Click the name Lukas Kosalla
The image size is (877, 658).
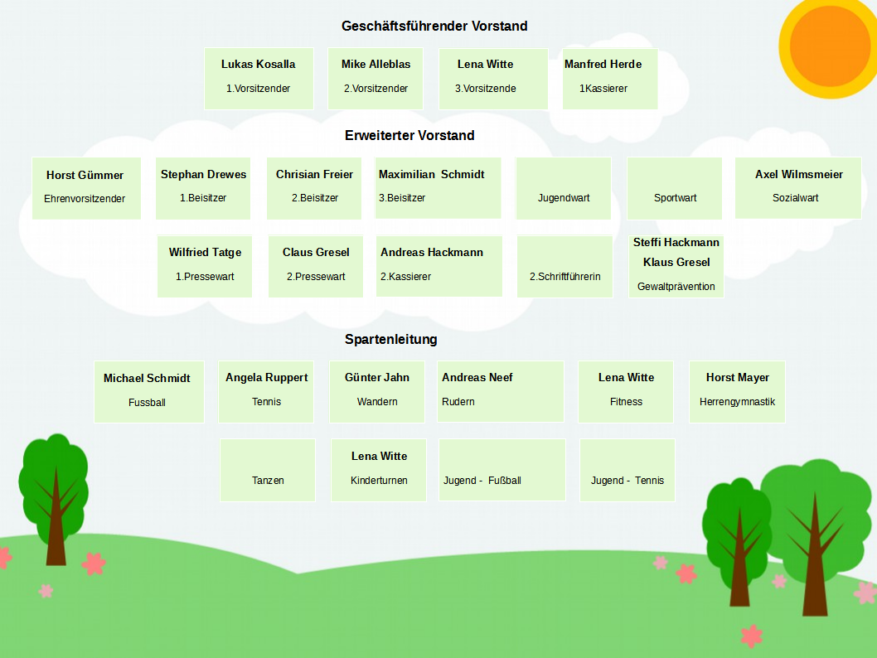258,65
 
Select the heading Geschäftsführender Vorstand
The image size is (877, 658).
434,27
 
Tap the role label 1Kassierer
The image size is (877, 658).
603,89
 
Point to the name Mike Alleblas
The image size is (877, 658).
376,65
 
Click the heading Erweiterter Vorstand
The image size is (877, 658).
409,135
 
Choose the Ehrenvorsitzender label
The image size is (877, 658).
85,198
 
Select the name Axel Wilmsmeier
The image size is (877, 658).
799,174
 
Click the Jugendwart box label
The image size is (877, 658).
564,198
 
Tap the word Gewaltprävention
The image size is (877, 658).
676,287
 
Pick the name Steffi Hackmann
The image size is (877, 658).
676,242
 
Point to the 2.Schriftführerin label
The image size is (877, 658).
564,277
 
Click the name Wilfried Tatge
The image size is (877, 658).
206,253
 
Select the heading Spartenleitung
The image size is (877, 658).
391,339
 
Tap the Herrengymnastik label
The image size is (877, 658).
737,402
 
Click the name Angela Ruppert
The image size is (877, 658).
267,378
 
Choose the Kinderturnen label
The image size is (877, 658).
379,480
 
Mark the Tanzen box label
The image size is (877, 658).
268,480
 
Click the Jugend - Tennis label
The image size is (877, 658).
627,480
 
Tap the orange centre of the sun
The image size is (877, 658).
830,46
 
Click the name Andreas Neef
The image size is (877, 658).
477,378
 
